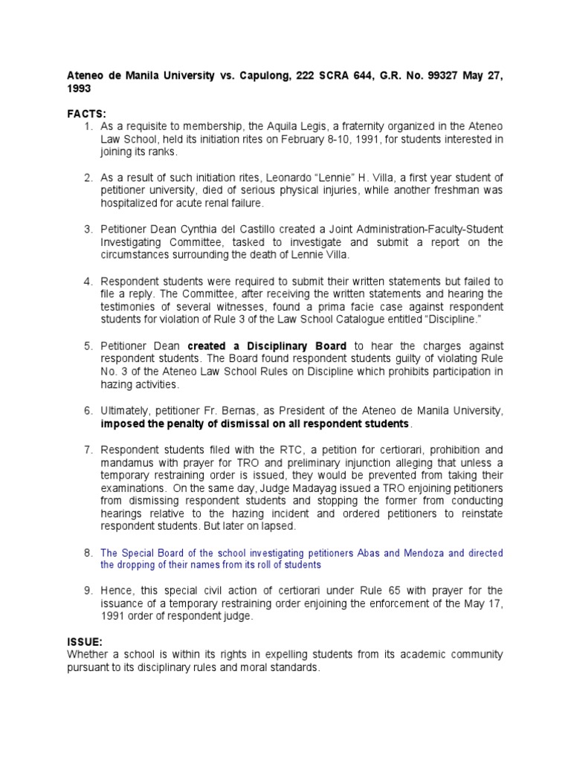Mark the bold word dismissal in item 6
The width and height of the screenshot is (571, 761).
pos(222,424)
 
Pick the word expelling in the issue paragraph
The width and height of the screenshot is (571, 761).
pos(259,655)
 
